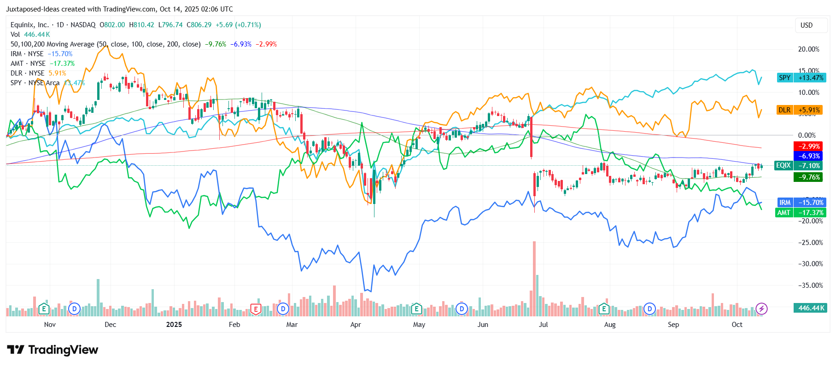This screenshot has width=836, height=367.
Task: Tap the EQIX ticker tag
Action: tap(783, 165)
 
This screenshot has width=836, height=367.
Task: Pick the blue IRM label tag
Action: tap(785, 203)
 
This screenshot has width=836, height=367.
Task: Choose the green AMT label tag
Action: tap(784, 212)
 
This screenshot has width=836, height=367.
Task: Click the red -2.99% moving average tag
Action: tap(808, 146)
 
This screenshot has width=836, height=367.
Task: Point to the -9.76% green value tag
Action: tap(808, 177)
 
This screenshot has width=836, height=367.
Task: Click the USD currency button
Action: tap(806, 25)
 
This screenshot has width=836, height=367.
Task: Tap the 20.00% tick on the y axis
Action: tap(808, 49)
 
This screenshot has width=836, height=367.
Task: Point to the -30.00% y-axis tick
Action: tap(810, 264)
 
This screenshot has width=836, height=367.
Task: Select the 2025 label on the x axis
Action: tap(174, 325)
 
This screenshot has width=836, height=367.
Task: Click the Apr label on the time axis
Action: tap(356, 325)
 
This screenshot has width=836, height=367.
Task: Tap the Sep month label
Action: tap(673, 325)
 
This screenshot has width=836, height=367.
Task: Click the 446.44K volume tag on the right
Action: tap(810, 308)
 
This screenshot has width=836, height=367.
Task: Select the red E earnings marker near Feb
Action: tap(255, 309)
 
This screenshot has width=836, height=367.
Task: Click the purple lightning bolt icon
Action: tap(761, 309)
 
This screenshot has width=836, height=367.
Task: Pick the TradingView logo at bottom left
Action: tap(53, 350)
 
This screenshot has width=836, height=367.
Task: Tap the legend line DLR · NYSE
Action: tap(28, 73)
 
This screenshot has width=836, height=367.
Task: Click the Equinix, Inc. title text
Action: tap(29, 25)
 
